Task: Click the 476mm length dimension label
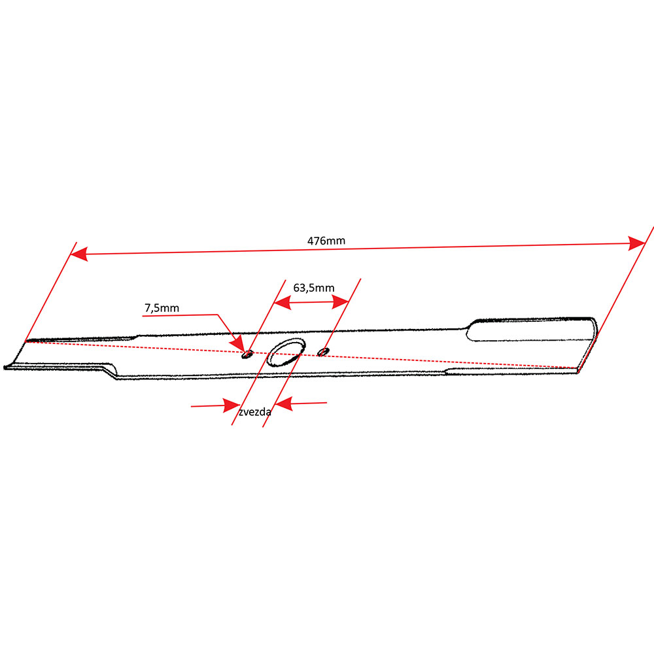pyautogui.click(x=326, y=241)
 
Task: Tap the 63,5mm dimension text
pyautogui.click(x=314, y=288)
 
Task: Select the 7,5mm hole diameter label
pyautogui.click(x=161, y=307)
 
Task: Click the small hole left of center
pyautogui.click(x=247, y=354)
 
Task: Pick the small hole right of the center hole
pyautogui.click(x=322, y=352)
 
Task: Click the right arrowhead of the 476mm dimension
pyautogui.click(x=637, y=243)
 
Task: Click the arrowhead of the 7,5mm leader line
pyautogui.click(x=239, y=344)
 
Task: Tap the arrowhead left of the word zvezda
pyautogui.click(x=231, y=405)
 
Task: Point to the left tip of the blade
pyautogui.click(x=8, y=368)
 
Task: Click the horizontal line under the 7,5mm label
pyautogui.click(x=180, y=315)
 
